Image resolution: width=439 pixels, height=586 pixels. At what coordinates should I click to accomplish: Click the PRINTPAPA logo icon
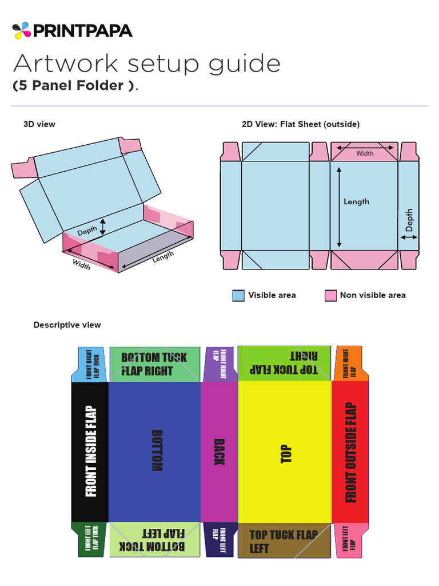[21, 30]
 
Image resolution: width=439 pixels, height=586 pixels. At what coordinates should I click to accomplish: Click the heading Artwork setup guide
[146, 64]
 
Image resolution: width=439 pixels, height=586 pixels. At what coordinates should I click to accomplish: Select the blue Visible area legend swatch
[238, 295]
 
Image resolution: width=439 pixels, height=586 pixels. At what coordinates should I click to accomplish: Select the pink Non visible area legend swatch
[330, 295]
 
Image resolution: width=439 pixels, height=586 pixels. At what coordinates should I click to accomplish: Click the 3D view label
[39, 124]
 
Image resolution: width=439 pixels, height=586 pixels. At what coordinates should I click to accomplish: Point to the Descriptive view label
[67, 325]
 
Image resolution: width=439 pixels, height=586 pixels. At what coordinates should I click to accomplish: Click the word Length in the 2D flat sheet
[356, 201]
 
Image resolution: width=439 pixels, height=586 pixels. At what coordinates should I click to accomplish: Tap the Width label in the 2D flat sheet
[365, 153]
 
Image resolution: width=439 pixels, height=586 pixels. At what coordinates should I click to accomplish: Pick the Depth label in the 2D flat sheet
[409, 220]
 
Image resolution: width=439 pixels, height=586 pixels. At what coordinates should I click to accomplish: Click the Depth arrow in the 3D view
[103, 227]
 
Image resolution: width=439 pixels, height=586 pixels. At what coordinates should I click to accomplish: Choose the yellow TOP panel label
[286, 453]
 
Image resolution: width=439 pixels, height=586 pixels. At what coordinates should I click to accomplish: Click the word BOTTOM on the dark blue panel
[156, 450]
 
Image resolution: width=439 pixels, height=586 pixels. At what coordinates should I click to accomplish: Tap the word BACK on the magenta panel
[218, 452]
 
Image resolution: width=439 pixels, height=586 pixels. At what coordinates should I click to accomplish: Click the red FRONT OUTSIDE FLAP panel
[350, 452]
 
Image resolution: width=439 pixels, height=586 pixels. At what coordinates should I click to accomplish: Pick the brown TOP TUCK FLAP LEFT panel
[284, 541]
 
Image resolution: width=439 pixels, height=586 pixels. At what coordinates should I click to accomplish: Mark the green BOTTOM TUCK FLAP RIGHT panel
[154, 364]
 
